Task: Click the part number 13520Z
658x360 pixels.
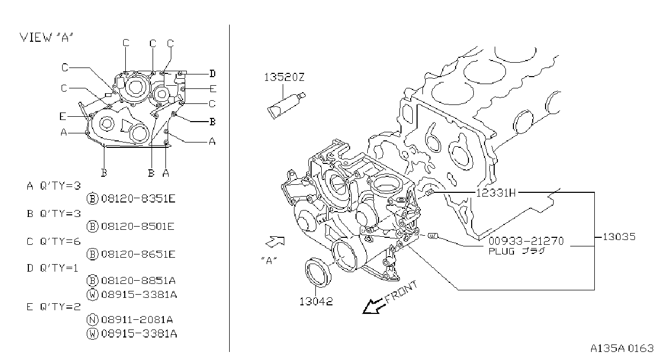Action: [x=284, y=77]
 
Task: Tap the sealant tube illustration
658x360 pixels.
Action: [x=286, y=105]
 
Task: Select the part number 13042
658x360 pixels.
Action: [x=316, y=302]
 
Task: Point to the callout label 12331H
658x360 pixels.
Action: [x=496, y=193]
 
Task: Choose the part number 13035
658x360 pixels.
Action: [x=619, y=237]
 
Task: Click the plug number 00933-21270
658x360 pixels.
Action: [x=526, y=241]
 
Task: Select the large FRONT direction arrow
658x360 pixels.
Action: [x=373, y=306]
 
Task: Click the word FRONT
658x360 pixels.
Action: [x=400, y=292]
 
